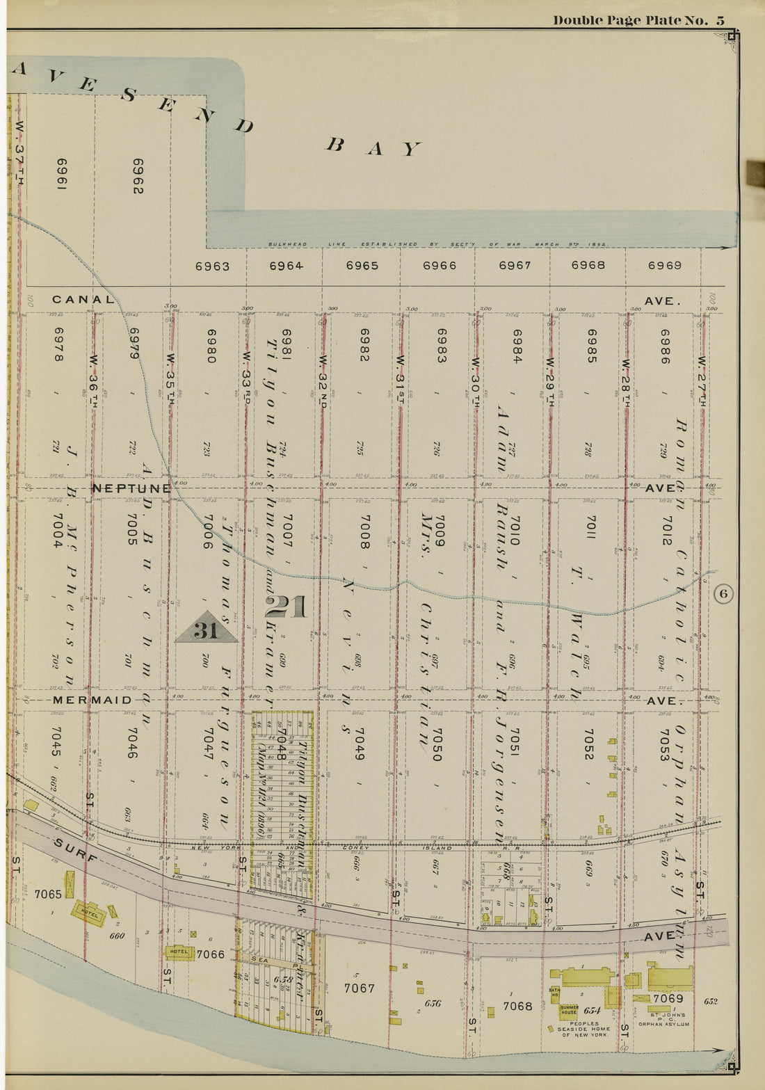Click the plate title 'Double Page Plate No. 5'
point(638,20)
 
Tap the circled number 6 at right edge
point(723,593)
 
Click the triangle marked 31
point(207,628)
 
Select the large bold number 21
point(286,607)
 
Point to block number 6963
point(212,266)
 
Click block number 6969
point(664,265)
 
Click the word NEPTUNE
point(131,488)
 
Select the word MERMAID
point(92,700)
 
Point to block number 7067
point(359,988)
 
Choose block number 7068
point(517,1006)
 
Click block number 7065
point(48,894)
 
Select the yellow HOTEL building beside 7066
point(179,952)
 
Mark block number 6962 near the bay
point(138,176)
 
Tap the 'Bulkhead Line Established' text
point(438,245)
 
